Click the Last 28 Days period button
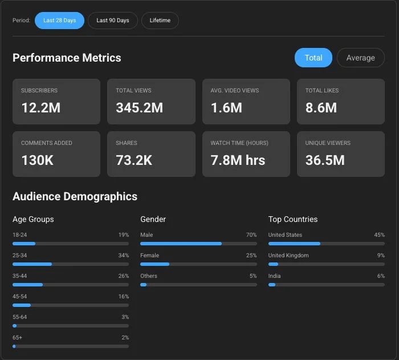click(x=59, y=21)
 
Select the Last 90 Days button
click(x=113, y=21)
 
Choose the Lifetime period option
click(x=160, y=21)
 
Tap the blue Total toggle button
click(x=313, y=58)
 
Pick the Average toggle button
click(x=361, y=58)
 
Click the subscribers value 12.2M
click(x=41, y=107)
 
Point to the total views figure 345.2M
click(x=140, y=107)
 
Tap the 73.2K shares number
click(x=134, y=160)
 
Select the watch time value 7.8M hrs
click(x=238, y=160)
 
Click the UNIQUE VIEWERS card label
click(x=328, y=143)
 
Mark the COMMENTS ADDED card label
click(x=47, y=143)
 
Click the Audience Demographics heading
click(x=75, y=196)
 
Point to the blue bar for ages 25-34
click(x=32, y=264)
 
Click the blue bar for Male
click(x=181, y=244)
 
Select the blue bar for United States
click(x=295, y=244)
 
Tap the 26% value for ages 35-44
click(x=124, y=276)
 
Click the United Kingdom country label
click(x=288, y=255)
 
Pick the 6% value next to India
click(x=381, y=276)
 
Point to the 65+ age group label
click(x=17, y=338)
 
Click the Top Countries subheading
click(x=293, y=219)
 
